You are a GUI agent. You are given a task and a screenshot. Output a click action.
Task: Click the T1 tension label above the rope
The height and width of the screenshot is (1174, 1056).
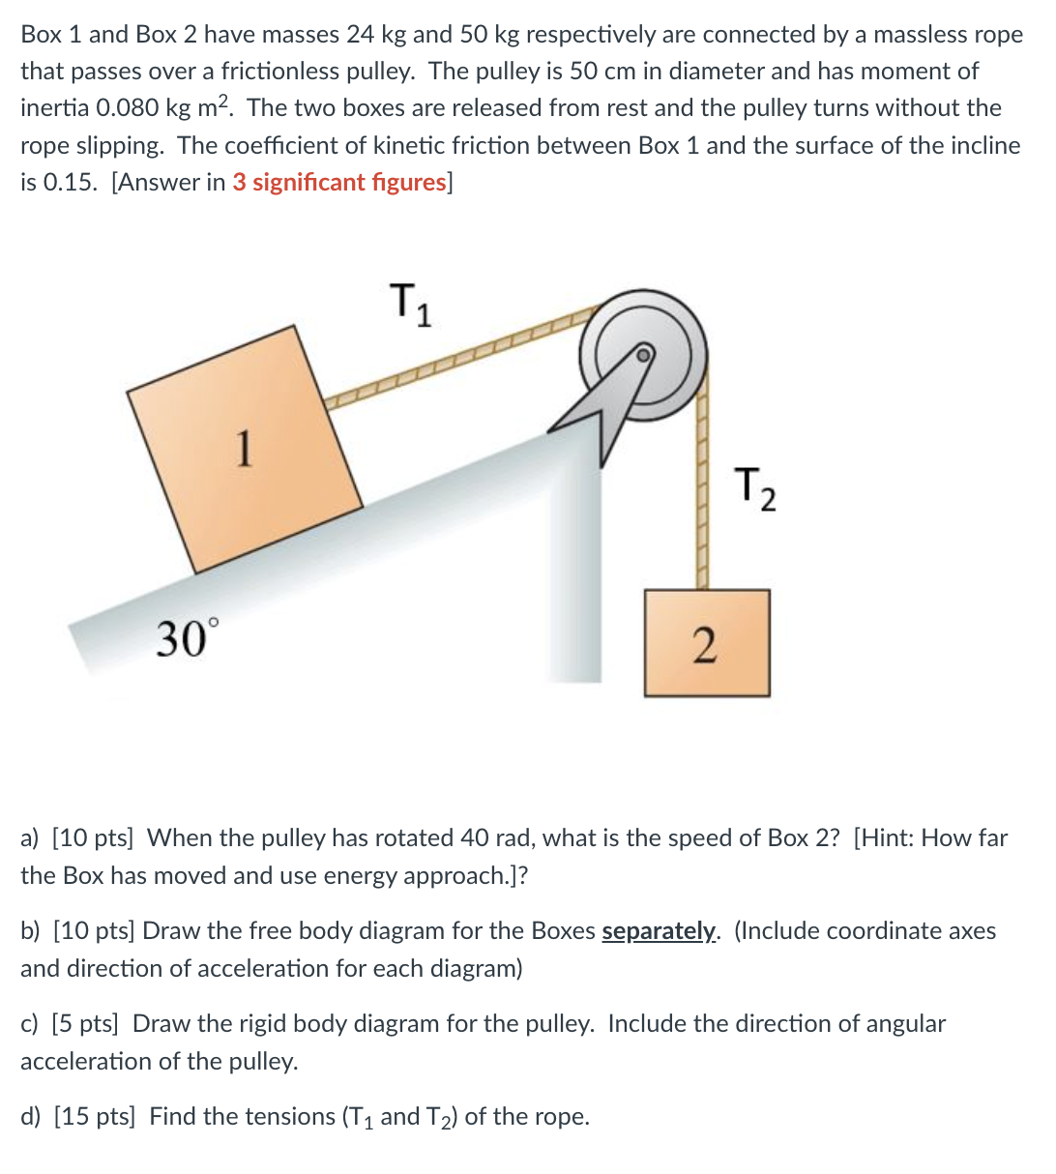pyautogui.click(x=409, y=304)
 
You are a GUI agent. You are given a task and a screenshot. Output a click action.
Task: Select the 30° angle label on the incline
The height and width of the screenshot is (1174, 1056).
pyautogui.click(x=189, y=639)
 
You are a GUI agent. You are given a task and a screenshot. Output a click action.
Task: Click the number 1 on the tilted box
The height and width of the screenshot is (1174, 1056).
pyautogui.click(x=246, y=448)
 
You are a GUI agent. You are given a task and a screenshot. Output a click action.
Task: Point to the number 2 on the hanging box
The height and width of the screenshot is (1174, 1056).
pyautogui.click(x=706, y=645)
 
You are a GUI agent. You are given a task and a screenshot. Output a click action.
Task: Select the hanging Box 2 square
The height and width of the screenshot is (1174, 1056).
pyautogui.click(x=707, y=643)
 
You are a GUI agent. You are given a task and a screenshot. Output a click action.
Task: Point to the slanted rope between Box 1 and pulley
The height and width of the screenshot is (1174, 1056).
pyautogui.click(x=455, y=361)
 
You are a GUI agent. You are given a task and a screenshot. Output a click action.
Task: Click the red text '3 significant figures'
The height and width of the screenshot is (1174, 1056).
pyautogui.click(x=338, y=183)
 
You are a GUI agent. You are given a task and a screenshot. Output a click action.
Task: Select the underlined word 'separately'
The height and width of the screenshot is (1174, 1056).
pyautogui.click(x=660, y=931)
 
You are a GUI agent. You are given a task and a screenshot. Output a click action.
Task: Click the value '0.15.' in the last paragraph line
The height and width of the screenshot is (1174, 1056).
pyautogui.click(x=71, y=183)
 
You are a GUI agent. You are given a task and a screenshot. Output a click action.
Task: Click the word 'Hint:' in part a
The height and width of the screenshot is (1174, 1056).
pyautogui.click(x=886, y=838)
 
